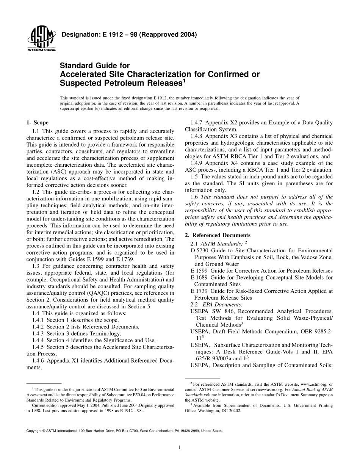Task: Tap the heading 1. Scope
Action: point(37,122)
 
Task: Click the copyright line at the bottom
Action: point(125,431)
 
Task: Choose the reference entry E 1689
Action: point(199,277)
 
